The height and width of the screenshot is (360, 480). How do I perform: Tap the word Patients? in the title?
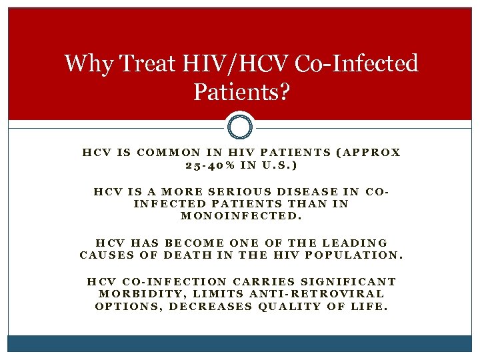click(241, 91)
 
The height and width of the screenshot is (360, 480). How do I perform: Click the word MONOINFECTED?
click(241, 216)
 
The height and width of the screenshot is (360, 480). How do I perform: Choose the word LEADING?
click(355, 243)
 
